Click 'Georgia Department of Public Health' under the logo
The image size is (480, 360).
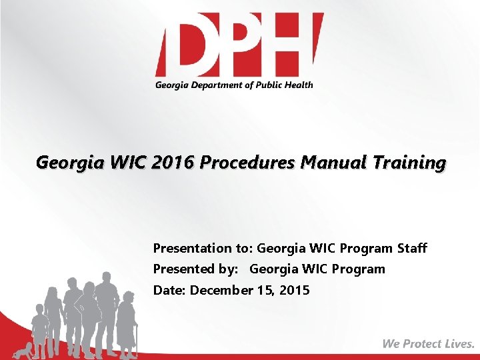[234, 85]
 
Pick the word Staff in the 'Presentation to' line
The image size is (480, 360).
[412, 248]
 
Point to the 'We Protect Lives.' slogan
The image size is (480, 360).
[429, 344]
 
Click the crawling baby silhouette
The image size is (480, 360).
[25, 351]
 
